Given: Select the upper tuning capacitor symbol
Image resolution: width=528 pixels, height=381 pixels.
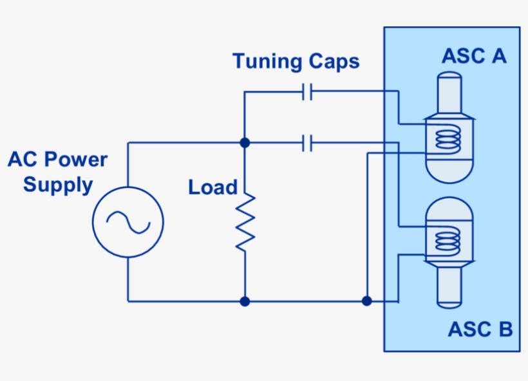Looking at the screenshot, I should (308, 93).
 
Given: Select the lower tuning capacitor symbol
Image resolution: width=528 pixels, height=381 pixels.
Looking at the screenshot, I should (308, 143).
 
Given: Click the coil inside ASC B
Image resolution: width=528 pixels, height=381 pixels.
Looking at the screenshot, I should (449, 240).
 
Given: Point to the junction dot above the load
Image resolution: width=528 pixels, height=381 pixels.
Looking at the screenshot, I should (245, 142).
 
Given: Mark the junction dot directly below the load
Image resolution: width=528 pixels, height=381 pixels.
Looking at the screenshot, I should (245, 301).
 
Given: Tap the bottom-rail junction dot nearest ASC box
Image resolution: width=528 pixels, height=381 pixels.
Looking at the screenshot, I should (366, 301).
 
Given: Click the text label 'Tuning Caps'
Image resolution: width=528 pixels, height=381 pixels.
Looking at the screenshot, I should (296, 62).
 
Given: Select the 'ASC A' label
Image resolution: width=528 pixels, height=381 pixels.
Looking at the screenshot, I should (474, 56).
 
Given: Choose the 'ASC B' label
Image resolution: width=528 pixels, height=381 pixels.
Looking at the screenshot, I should (480, 330).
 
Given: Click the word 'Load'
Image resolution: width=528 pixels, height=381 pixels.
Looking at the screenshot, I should (212, 188).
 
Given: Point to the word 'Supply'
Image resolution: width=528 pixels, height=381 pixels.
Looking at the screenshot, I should (58, 185).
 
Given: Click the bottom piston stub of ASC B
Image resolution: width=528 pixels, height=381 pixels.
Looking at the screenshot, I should (449, 287).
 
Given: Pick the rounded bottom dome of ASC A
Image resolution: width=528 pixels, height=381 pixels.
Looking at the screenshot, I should (449, 169).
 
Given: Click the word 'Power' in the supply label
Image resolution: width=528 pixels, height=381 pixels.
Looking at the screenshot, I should (75, 160).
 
